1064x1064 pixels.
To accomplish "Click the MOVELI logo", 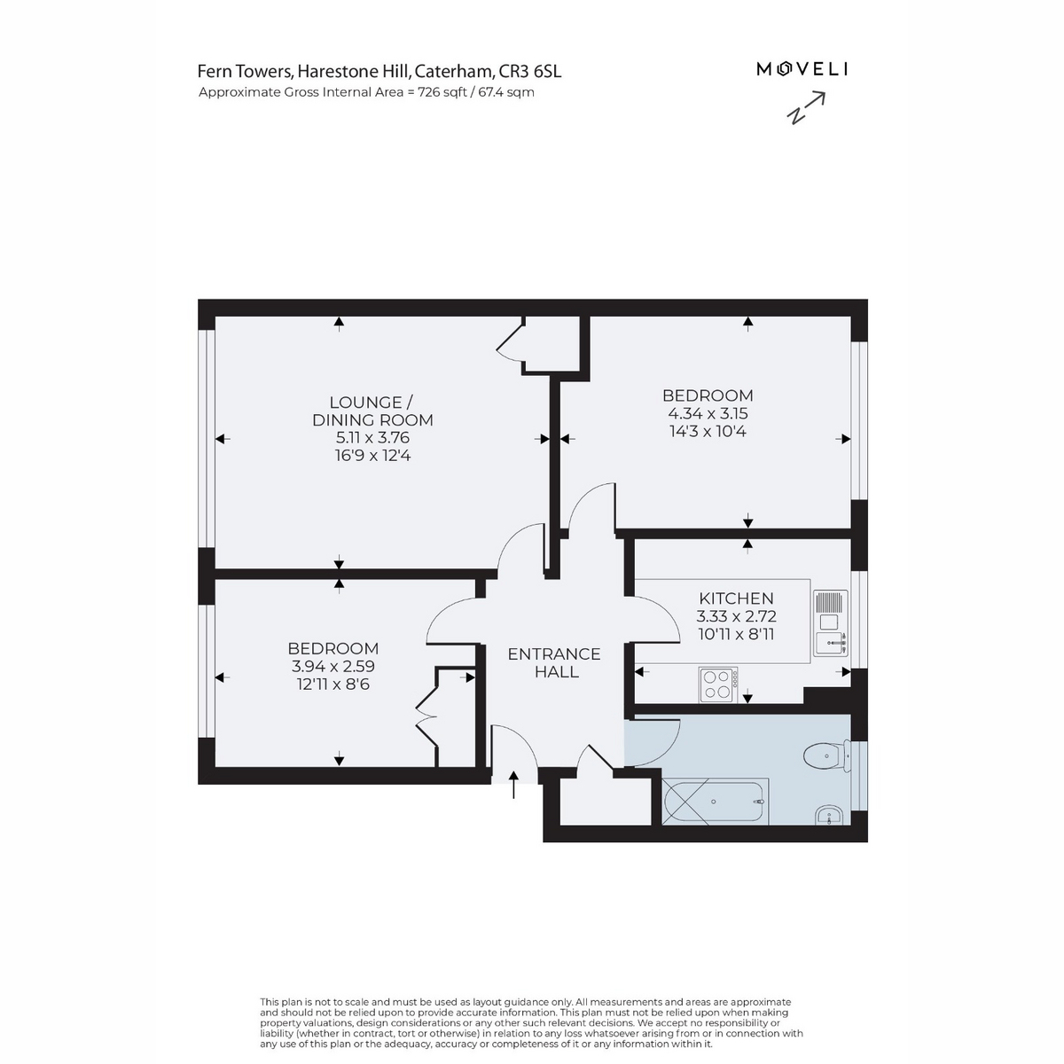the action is (802, 69).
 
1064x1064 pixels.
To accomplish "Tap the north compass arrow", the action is (806, 107).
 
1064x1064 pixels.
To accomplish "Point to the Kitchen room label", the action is (736, 598).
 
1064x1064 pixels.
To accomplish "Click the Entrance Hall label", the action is (554, 662).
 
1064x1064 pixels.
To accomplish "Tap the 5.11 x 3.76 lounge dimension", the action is (372, 438).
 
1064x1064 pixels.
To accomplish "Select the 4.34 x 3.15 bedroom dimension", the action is (708, 413).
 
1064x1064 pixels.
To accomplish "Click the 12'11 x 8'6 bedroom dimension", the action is (333, 685).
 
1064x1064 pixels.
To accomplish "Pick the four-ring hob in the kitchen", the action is (718, 685).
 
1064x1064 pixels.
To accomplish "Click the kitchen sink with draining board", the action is (831, 623).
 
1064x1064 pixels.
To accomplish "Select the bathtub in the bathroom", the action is (715, 802).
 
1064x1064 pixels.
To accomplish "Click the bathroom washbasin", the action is (830, 815).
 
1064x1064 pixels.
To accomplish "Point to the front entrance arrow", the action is (513, 785).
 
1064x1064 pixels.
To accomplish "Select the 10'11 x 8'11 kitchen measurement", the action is (736, 634).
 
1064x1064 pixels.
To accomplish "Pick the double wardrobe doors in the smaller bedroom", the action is (426, 717).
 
